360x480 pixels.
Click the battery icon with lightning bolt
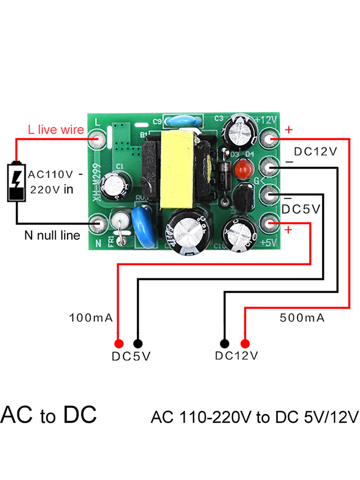[x=17, y=183]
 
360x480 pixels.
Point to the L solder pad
[x=98, y=139]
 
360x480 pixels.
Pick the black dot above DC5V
[x=138, y=343]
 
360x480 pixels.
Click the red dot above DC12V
[x=245, y=343]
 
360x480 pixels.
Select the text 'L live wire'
[x=56, y=130]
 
